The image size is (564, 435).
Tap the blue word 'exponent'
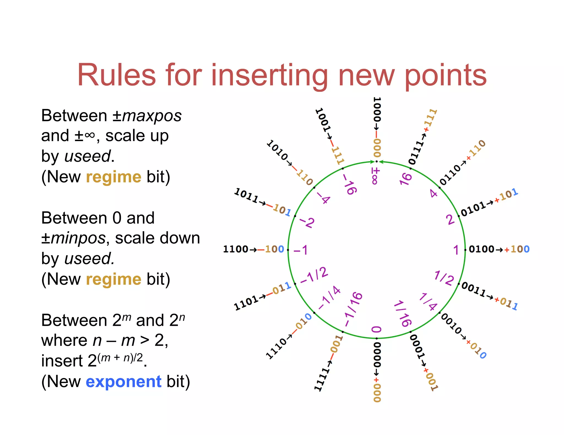[x=123, y=381]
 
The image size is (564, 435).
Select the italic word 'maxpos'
[x=152, y=115]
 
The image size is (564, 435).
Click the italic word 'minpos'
[x=78, y=238]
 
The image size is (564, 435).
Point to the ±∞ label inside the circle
[x=375, y=176]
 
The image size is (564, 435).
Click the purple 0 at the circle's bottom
[x=376, y=329]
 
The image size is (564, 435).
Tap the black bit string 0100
[x=481, y=249]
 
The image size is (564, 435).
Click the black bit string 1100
[x=235, y=249]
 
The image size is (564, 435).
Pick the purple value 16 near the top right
[x=406, y=179]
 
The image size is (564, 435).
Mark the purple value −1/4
[x=329, y=298]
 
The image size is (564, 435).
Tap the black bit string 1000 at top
[x=377, y=110]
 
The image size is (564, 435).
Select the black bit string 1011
[x=246, y=195]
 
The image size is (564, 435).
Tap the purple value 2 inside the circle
[x=450, y=220]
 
